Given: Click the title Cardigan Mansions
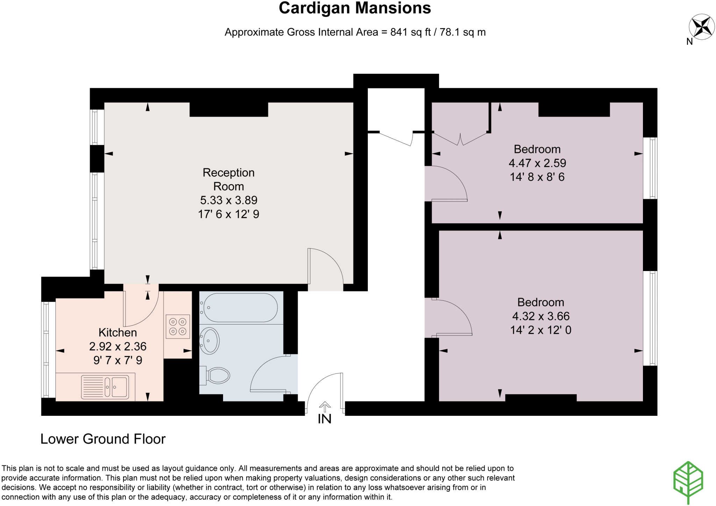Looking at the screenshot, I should pyautogui.click(x=355, y=8).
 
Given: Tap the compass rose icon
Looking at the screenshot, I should pyautogui.click(x=701, y=27).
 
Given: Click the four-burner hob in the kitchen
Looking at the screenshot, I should pyautogui.click(x=178, y=327).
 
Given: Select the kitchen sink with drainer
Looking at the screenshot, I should pyautogui.click(x=105, y=387).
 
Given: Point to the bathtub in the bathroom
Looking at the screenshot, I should pyautogui.click(x=240, y=307).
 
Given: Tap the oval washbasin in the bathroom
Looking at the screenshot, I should pyautogui.click(x=209, y=341).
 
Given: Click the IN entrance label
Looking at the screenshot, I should pyautogui.click(x=324, y=419).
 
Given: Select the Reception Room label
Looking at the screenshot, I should pyautogui.click(x=229, y=179).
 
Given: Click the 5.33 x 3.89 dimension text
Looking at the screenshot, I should pyautogui.click(x=229, y=200).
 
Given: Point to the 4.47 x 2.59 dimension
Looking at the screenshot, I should pyautogui.click(x=537, y=163).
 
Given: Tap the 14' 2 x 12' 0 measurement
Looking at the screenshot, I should pyautogui.click(x=540, y=330).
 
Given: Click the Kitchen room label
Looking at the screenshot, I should pyautogui.click(x=117, y=332).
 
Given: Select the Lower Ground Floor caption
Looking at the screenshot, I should pyautogui.click(x=103, y=439).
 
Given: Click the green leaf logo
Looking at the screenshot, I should pyautogui.click(x=688, y=482).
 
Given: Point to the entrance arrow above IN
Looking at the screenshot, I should pyautogui.click(x=325, y=407).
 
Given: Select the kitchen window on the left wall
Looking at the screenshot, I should pyautogui.click(x=46, y=350).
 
